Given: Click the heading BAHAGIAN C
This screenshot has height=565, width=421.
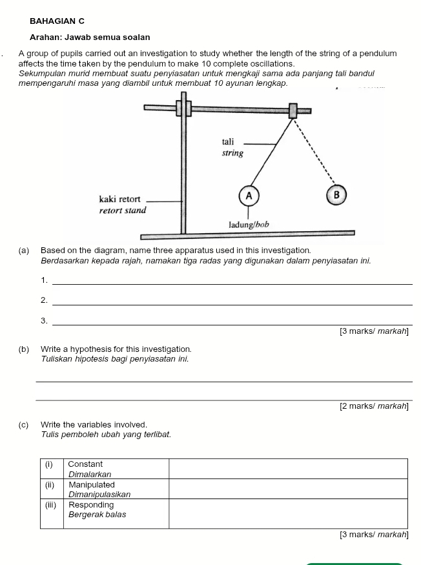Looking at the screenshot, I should (57, 21).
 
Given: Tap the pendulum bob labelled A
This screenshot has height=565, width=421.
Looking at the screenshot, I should (249, 194).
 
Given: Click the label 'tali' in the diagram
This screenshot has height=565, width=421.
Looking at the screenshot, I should (229, 141).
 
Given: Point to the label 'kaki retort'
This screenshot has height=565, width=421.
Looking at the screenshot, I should (119, 200).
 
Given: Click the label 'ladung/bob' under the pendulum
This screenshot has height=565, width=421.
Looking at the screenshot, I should (249, 225).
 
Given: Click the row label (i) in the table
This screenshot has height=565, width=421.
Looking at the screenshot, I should (48, 464).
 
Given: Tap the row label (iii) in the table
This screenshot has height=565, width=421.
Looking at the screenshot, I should (50, 505).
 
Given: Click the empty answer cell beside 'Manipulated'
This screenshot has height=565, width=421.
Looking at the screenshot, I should (288, 489).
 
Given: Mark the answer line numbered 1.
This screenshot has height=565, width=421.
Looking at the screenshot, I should (231, 282).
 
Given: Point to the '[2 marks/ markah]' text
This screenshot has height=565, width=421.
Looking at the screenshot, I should (374, 406).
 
